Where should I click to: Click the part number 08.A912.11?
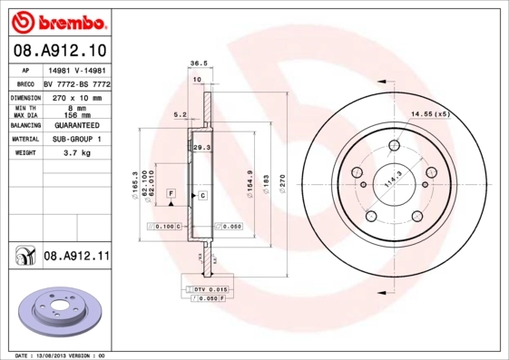coord(76,257)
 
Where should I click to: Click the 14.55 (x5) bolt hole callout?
coord(430,114)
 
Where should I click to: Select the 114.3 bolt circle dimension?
coord(393,180)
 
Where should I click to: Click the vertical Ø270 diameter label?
coord(281,183)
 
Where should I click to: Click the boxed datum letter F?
coord(170,194)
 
